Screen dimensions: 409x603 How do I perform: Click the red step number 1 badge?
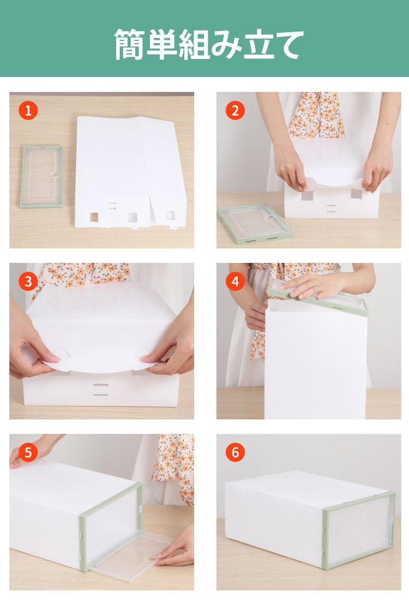tap(28, 110)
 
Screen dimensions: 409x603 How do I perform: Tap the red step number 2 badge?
tap(235, 110)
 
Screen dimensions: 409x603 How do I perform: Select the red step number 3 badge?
tap(28, 282)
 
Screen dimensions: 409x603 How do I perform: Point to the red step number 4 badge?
tap(235, 282)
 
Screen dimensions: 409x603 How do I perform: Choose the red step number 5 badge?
tap(28, 452)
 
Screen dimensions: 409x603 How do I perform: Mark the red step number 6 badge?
tap(235, 452)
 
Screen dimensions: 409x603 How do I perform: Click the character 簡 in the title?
tap(130, 44)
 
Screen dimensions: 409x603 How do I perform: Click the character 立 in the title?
tap(259, 45)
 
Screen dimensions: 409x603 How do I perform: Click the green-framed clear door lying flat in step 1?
tap(41, 176)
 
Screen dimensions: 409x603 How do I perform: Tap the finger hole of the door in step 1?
tap(56, 174)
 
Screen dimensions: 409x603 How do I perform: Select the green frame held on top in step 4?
tap(317, 297)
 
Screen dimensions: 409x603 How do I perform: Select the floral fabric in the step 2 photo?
tap(316, 115)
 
